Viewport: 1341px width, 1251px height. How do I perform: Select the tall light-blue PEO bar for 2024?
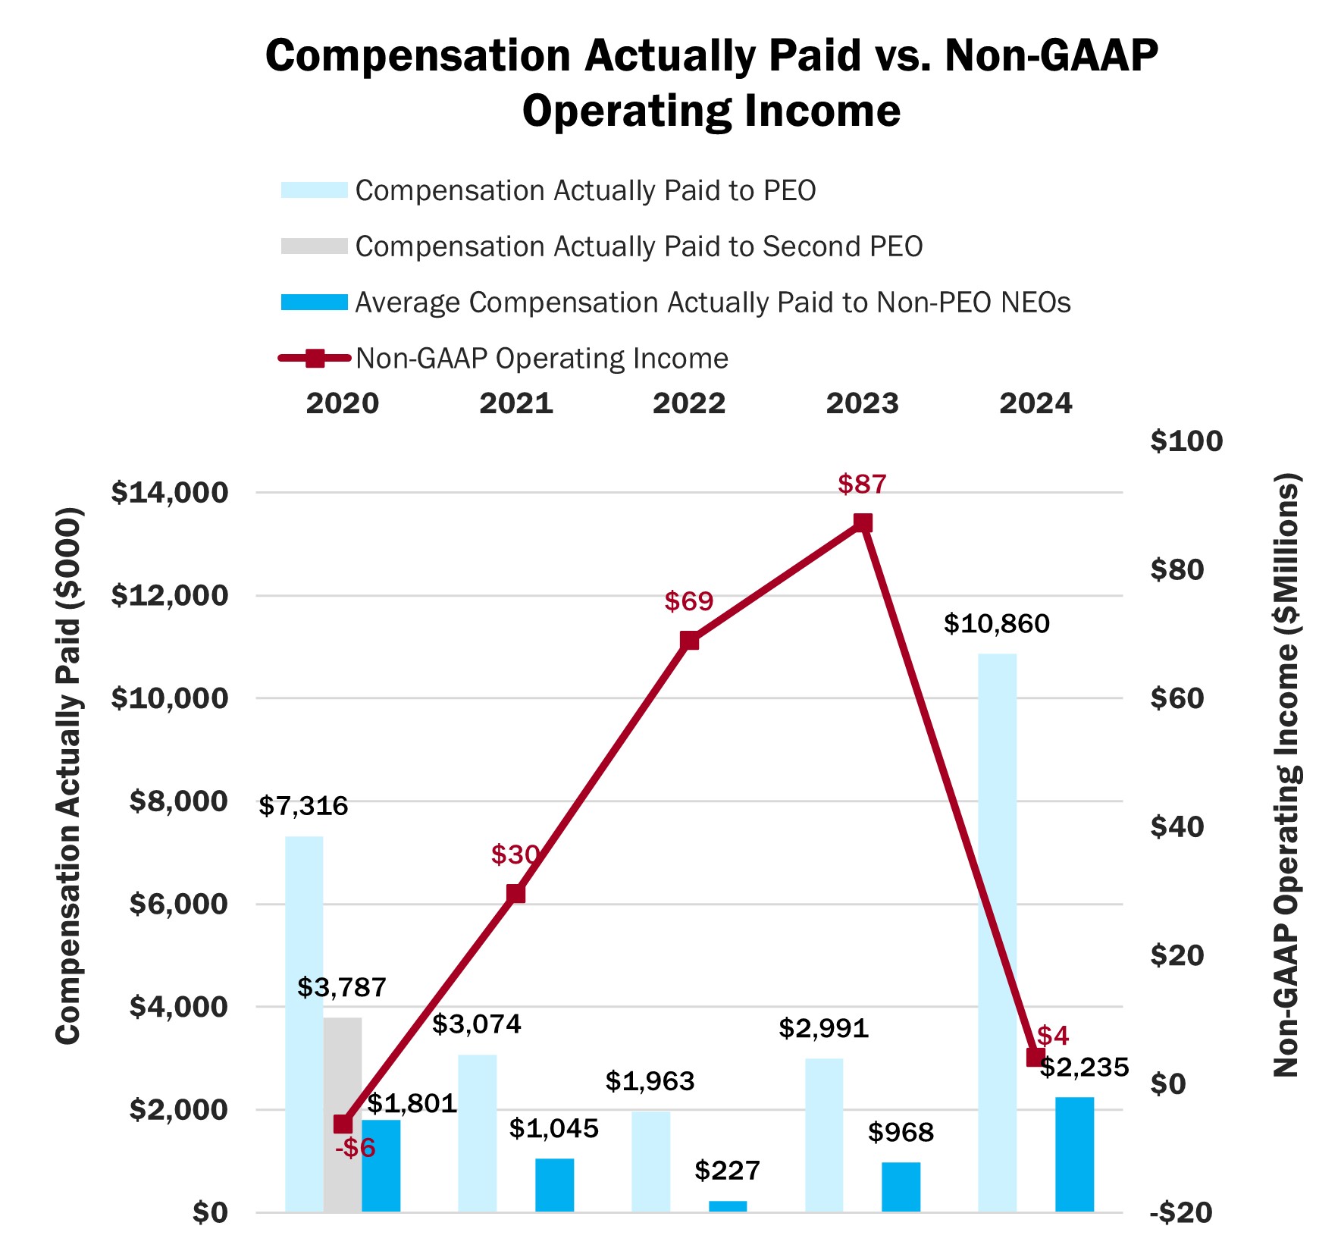tap(997, 932)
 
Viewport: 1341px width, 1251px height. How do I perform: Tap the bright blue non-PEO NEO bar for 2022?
tap(728, 1206)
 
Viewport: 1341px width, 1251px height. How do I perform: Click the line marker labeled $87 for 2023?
tap(863, 523)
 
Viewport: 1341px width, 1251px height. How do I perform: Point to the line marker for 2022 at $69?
tap(689, 641)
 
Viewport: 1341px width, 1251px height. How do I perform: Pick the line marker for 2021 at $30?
tap(515, 893)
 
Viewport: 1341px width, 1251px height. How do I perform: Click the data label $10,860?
tap(996, 624)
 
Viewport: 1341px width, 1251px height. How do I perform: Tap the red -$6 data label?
tap(356, 1148)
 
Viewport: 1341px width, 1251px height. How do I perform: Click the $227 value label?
tap(727, 1171)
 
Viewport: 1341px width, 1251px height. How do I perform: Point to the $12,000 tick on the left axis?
tap(169, 595)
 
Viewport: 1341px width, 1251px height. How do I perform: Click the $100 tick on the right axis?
tap(1186, 441)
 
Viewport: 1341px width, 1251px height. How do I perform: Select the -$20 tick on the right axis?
tap(1181, 1212)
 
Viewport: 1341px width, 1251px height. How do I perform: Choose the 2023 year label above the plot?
tap(862, 403)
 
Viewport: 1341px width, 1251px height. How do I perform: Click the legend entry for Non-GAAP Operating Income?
tap(541, 359)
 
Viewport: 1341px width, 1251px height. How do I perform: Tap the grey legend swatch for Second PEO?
tap(314, 246)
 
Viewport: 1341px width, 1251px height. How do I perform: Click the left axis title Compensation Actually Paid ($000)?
tap(68, 775)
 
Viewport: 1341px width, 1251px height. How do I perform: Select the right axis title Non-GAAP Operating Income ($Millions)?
tap(1286, 775)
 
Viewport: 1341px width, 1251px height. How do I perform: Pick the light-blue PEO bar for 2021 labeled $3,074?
tap(478, 1133)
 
